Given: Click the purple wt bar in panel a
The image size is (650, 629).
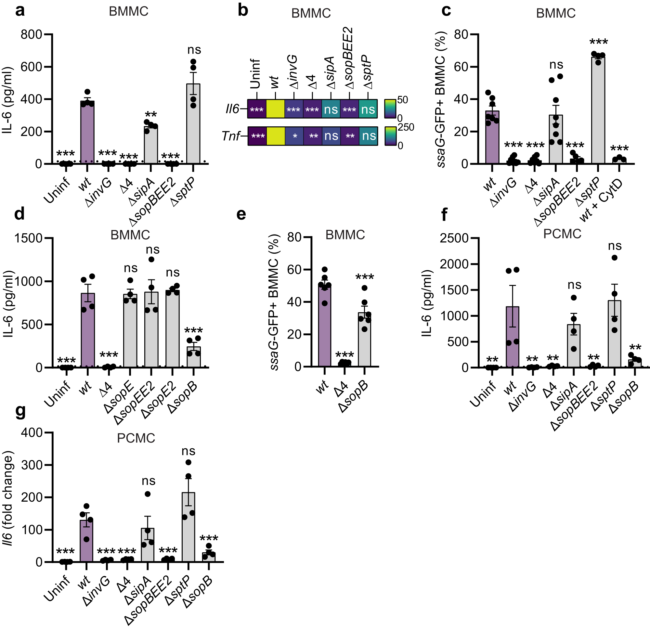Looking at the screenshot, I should (87, 133).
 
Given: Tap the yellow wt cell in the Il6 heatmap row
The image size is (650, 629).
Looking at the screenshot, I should (275, 109).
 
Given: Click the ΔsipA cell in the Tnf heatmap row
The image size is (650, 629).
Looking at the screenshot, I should (331, 136).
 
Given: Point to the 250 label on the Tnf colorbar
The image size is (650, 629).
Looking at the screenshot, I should (406, 128).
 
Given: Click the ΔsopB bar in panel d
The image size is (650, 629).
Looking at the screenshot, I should (193, 357).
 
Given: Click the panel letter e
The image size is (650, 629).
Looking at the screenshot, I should (241, 214).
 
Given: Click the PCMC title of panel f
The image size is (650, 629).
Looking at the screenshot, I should (562, 234).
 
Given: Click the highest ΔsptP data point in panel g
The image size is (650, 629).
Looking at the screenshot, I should (188, 462).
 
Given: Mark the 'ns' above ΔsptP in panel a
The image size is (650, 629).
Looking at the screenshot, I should (194, 50).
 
